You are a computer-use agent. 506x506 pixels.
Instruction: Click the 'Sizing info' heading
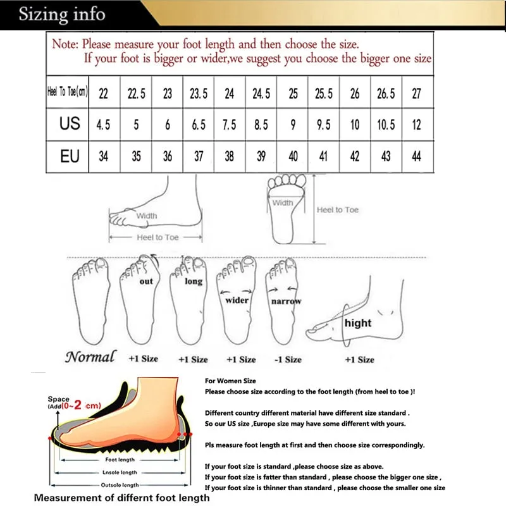61,14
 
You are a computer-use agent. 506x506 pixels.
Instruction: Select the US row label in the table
70,124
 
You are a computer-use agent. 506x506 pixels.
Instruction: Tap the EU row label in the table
70,156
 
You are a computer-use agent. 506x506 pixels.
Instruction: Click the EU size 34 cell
104,156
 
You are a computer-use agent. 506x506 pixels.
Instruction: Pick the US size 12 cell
416,125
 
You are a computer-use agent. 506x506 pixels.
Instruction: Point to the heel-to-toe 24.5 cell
261,94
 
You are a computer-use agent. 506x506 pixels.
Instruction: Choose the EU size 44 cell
416,156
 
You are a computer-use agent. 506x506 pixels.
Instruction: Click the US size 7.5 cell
230,125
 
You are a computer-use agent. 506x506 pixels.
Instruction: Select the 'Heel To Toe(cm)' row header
68,93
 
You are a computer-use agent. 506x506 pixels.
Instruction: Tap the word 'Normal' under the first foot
90,357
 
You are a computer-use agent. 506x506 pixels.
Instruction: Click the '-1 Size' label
288,359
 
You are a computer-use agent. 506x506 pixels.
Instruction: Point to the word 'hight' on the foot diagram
358,323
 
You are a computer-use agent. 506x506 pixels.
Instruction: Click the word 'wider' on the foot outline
237,300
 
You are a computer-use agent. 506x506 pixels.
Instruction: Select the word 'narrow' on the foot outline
286,302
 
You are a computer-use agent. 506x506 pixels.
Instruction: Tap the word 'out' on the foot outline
146,281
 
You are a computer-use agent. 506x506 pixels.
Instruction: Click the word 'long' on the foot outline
193,281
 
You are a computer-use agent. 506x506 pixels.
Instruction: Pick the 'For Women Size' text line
230,381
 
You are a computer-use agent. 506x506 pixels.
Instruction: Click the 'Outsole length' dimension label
120,485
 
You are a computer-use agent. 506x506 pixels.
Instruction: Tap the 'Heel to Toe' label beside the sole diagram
338,210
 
